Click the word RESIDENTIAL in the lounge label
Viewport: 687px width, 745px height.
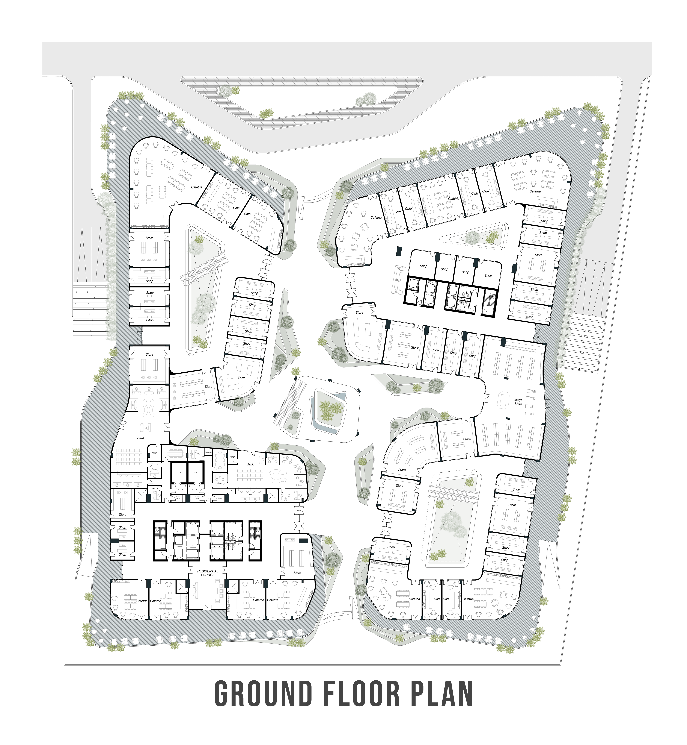(x=208, y=571)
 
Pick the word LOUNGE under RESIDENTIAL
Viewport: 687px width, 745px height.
(x=208, y=575)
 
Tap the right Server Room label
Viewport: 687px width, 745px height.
(x=197, y=497)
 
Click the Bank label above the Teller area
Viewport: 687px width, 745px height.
(x=250, y=464)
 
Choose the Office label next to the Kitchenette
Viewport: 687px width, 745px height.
(x=199, y=454)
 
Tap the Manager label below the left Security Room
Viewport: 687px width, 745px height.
(x=155, y=469)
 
